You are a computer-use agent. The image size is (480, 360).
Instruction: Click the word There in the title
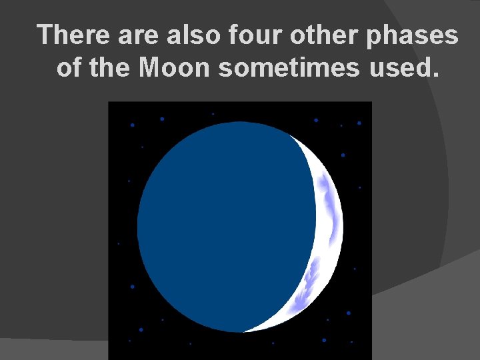[x=75, y=35]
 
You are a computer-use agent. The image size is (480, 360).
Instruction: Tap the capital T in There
[x=46, y=35]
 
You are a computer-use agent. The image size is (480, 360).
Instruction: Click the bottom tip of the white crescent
[x=248, y=331]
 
